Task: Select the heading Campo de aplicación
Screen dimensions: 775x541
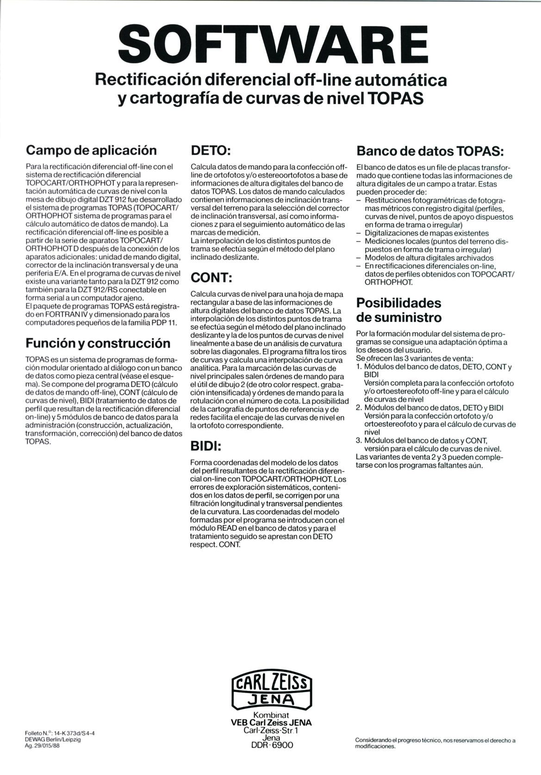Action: (x=91, y=150)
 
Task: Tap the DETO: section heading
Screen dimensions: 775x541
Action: (x=211, y=151)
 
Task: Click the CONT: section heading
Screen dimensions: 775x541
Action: (x=211, y=278)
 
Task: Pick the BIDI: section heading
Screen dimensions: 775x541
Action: (x=206, y=446)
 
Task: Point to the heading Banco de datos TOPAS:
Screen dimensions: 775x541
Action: (x=430, y=151)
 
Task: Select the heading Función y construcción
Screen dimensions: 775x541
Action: (x=98, y=343)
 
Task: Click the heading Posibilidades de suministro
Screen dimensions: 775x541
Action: (x=398, y=310)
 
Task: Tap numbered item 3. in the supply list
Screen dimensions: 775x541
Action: (x=359, y=440)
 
